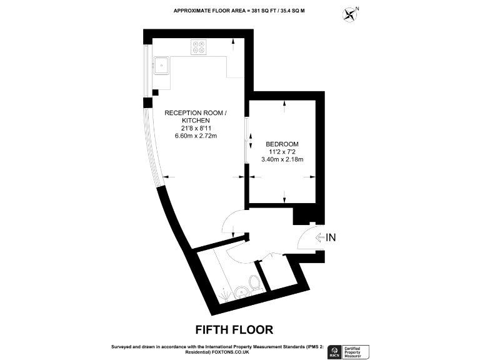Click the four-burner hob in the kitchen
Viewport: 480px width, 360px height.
201,48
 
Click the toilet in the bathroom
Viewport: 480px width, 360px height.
254,284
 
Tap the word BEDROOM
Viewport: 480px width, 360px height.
282,143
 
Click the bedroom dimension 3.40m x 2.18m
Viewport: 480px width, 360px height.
282,159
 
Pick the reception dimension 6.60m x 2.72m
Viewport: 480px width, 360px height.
194,136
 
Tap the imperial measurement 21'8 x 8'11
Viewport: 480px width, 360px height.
194,129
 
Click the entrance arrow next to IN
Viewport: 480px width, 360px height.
320,237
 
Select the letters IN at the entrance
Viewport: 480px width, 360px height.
332,237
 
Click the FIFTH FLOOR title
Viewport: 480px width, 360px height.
234,329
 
